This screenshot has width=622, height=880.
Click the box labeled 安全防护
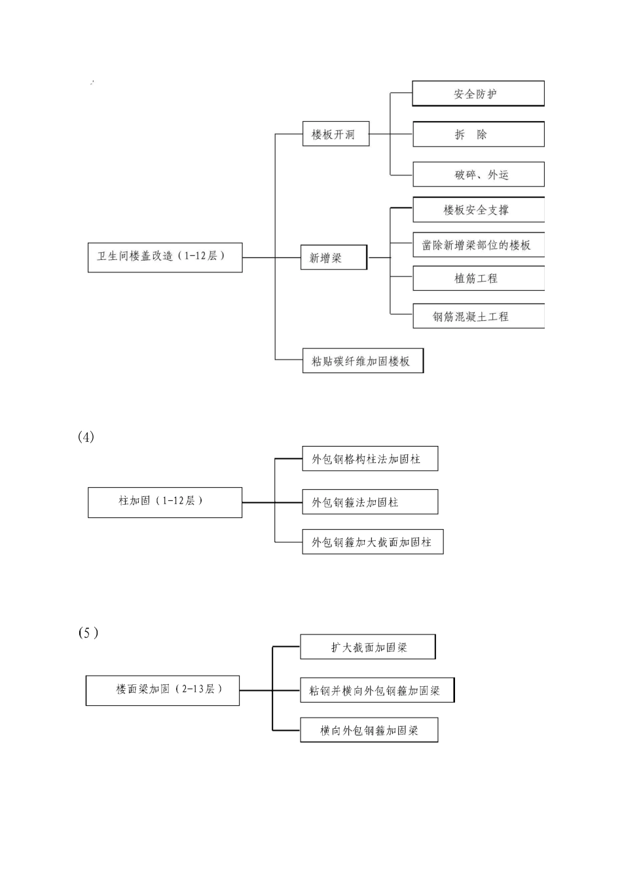point(478,94)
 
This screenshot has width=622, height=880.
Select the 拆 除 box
point(478,134)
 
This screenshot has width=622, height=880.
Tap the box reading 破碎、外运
point(478,175)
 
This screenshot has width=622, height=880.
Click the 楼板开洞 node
point(335,134)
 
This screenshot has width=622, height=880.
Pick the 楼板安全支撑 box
point(478,210)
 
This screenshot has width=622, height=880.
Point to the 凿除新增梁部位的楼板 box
point(478,245)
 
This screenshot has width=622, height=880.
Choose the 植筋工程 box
point(478,278)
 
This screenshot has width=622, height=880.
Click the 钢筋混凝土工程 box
point(478,316)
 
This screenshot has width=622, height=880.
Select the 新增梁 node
point(333,258)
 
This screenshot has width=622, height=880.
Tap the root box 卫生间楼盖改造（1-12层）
point(165,257)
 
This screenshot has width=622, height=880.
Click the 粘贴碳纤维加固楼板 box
point(363,361)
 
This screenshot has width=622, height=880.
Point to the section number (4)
point(86,437)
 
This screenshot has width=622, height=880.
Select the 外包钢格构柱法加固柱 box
point(370,459)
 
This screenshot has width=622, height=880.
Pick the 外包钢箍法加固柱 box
point(370,502)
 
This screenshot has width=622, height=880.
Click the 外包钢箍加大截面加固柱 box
point(373,542)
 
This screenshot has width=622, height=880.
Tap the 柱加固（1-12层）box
point(165,502)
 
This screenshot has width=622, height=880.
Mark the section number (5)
point(88,632)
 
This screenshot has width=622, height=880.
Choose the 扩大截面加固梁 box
point(368,647)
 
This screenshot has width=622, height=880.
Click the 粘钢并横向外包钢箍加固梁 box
point(377,690)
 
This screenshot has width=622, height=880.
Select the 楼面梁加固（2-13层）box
point(162,690)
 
